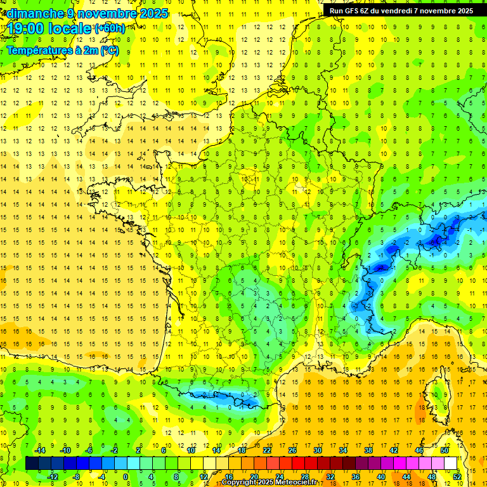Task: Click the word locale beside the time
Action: [x=70, y=29]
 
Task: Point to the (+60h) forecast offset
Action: [x=110, y=29]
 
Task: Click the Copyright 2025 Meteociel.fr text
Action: [x=269, y=483]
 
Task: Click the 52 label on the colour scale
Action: [x=457, y=476]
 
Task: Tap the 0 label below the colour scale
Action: [x=126, y=476]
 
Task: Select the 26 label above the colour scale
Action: [x=292, y=450]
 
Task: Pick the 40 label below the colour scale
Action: [x=380, y=476]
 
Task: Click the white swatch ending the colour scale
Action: [x=451, y=463]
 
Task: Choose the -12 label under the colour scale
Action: [x=53, y=476]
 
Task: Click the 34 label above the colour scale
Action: [x=343, y=450]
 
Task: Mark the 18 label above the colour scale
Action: [x=242, y=450]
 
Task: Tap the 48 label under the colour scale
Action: [x=431, y=476]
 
